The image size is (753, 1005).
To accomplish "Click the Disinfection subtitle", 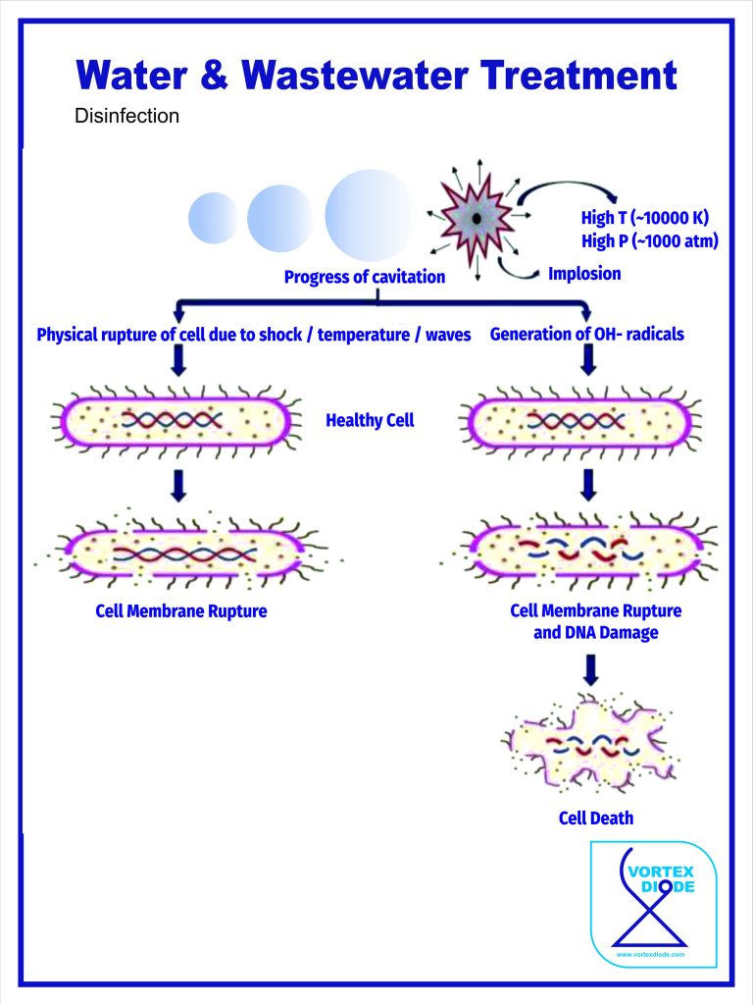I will (126, 117).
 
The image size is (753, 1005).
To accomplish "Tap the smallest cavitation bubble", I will (213, 218).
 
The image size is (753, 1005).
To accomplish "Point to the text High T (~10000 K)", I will (644, 218).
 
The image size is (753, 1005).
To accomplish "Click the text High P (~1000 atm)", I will (650, 241).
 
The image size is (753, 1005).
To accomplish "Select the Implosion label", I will (584, 274).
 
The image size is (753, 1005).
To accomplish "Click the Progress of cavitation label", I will (365, 277).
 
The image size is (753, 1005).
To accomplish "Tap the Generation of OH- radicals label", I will (587, 335).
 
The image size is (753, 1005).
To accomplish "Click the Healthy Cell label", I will (370, 420).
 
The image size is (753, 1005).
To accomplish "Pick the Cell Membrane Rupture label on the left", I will (181, 610).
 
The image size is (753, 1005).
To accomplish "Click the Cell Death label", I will (596, 818).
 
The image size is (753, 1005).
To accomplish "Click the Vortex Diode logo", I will (654, 904).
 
